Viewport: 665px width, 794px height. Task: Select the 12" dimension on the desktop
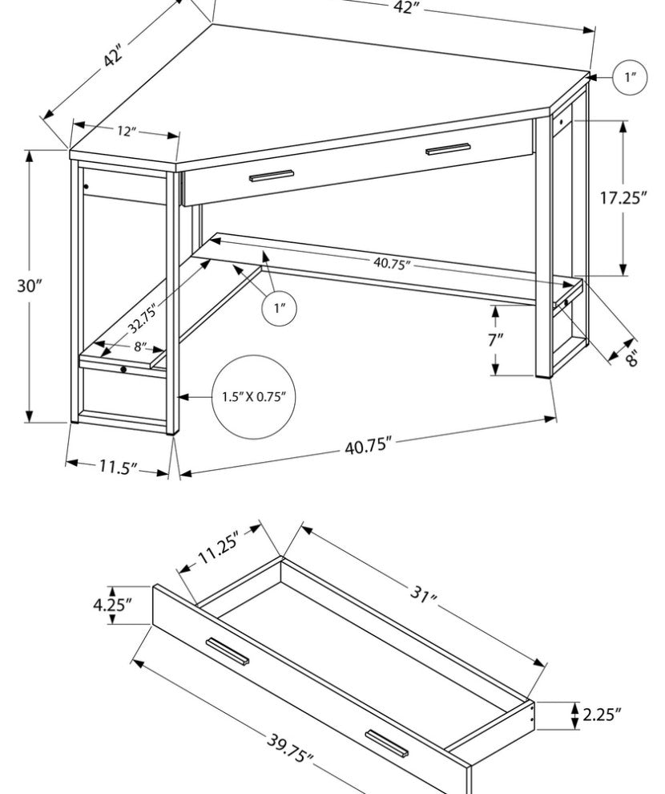pos(124,131)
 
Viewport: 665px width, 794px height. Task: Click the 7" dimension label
pos(496,339)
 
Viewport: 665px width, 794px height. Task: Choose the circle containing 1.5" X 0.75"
pos(254,396)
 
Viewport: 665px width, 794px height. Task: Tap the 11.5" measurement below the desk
pos(119,467)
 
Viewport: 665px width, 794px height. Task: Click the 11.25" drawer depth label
pos(218,549)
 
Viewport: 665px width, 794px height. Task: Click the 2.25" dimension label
pos(602,714)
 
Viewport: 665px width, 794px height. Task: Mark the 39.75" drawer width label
pos(289,752)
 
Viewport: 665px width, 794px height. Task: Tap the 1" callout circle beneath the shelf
pos(280,308)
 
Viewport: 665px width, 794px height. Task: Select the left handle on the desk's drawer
pos(272,176)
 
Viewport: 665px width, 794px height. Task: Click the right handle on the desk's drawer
pos(448,149)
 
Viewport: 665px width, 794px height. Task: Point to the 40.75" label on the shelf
pos(393,262)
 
